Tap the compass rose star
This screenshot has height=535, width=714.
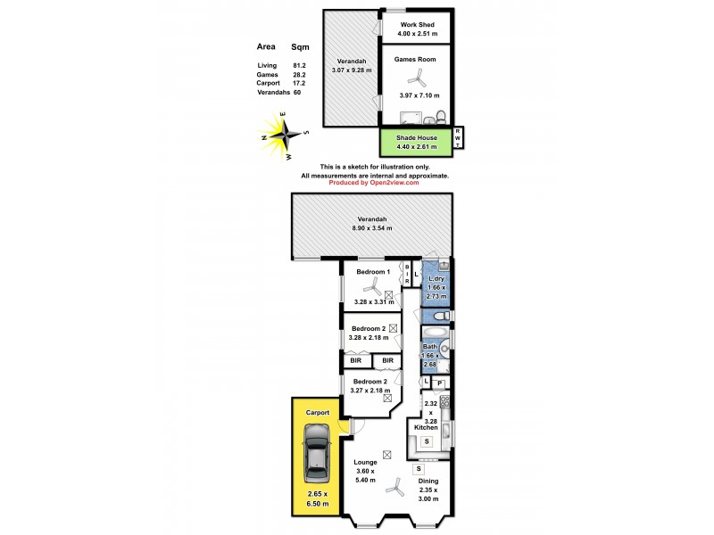pyautogui.click(x=286, y=136)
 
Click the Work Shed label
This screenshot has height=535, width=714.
pyautogui.click(x=417, y=24)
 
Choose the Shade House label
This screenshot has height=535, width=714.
pyautogui.click(x=416, y=138)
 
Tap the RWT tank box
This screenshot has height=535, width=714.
pyautogui.click(x=459, y=138)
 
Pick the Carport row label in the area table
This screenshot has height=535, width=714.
pyautogui.click(x=269, y=83)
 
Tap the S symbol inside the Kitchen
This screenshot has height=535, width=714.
pyautogui.click(x=426, y=441)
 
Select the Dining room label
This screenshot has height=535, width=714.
pyautogui.click(x=429, y=482)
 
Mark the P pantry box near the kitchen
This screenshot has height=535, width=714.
pyautogui.click(x=440, y=383)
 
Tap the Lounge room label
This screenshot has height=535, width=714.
pyautogui.click(x=366, y=462)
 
